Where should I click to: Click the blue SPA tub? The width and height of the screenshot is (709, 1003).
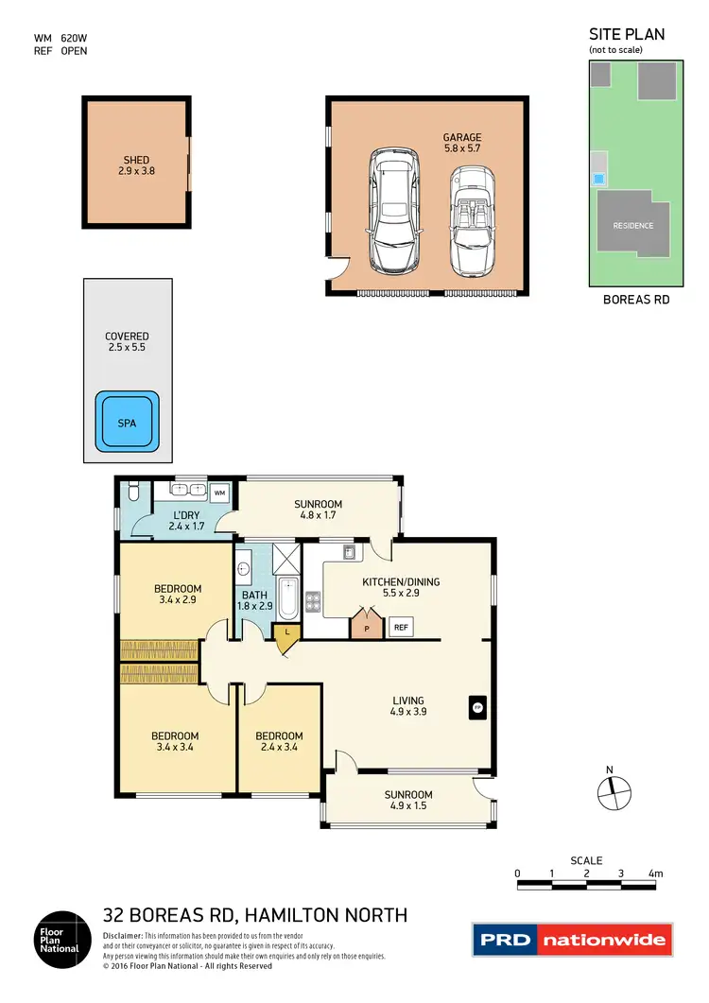[127, 423]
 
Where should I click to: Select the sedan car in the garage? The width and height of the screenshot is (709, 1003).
[389, 208]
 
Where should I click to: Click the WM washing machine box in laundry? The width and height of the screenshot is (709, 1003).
[219, 493]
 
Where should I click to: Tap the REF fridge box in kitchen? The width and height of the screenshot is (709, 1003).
[400, 627]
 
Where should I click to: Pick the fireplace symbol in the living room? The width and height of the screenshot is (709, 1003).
[477, 706]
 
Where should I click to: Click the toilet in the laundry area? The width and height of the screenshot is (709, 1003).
[133, 491]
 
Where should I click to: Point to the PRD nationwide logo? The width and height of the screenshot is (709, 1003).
[571, 940]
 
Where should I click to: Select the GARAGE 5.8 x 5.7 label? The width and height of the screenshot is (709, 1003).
[462, 144]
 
